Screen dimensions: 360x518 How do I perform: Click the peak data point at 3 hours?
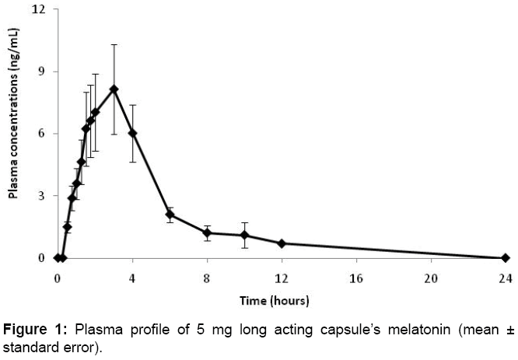[114, 89]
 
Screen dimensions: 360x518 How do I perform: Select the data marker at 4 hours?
[132, 133]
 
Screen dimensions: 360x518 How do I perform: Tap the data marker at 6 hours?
[170, 214]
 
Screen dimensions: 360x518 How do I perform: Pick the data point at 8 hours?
[207, 232]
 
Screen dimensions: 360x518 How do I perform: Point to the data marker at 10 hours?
[244, 235]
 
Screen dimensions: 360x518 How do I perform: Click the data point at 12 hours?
[282, 243]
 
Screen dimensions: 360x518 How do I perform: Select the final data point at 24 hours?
[505, 257]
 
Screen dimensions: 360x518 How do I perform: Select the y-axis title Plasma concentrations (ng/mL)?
[14, 133]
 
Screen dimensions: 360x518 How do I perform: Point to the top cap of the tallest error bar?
[114, 45]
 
